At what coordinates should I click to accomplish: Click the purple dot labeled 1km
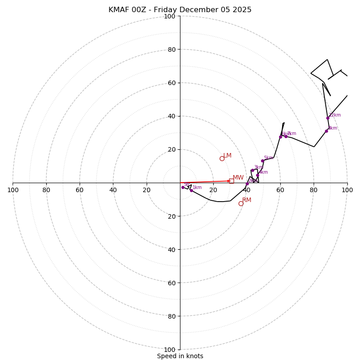coord(191,190)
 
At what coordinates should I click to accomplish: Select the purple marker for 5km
coord(262,161)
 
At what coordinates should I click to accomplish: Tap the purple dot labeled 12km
coord(328,118)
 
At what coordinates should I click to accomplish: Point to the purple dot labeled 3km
coord(252,170)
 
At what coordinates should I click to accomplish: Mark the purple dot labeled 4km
coord(257,175)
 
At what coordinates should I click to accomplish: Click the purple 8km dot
coord(326,131)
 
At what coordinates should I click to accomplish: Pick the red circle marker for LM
coord(222,158)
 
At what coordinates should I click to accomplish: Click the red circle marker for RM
coord(241,203)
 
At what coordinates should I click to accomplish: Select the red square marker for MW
coord(231,181)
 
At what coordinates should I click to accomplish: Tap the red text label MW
coord(238,178)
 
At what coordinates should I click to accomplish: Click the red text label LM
coord(227,156)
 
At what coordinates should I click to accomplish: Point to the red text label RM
coord(247,200)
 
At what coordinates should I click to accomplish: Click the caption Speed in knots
coord(180,356)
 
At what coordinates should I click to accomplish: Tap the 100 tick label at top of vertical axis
coord(170,16)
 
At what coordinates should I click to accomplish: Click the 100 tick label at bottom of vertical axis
coord(170,350)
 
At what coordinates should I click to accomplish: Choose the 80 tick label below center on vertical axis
coord(171,316)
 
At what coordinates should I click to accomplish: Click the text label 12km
coord(335,115)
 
